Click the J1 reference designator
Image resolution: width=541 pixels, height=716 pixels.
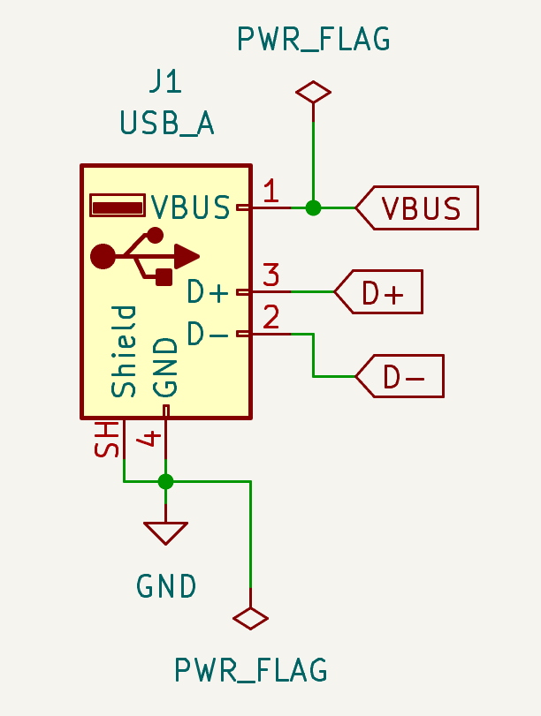[165, 83]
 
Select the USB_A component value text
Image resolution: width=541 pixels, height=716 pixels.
[167, 123]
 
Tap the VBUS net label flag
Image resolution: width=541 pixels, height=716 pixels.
[417, 207]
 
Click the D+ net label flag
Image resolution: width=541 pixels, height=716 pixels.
[378, 292]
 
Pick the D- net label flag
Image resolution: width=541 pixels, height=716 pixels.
[400, 376]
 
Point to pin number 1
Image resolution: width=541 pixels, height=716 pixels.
[271, 191]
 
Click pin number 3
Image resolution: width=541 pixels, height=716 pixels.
[271, 275]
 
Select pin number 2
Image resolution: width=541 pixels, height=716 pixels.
[271, 317]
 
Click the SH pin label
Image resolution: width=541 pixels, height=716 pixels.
[107, 440]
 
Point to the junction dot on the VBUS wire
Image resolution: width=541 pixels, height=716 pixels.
[313, 207]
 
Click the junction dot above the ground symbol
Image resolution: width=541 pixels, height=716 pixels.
[165, 481]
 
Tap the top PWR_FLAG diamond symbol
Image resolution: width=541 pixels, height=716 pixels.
[313, 92]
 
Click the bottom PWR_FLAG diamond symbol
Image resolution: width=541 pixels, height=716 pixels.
[250, 619]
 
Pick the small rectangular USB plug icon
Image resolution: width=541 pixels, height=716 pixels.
[118, 206]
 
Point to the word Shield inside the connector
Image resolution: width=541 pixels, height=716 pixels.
[124, 351]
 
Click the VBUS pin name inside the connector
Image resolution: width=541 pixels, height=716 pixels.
[190, 207]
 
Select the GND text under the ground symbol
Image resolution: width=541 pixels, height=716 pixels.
[166, 586]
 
